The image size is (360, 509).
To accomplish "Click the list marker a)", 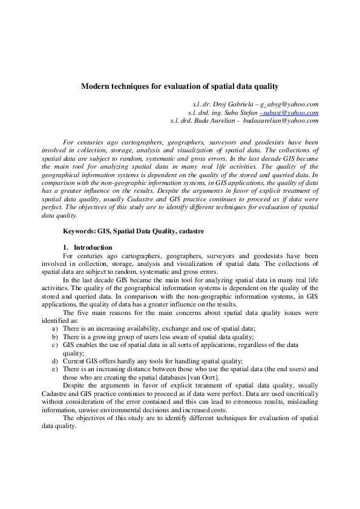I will click(55, 328).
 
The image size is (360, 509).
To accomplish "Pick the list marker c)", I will click(55, 344).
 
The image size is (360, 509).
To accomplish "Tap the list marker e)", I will click(55, 369).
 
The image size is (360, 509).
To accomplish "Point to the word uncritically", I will click(299, 392).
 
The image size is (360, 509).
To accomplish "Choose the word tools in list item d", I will click(156, 360).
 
